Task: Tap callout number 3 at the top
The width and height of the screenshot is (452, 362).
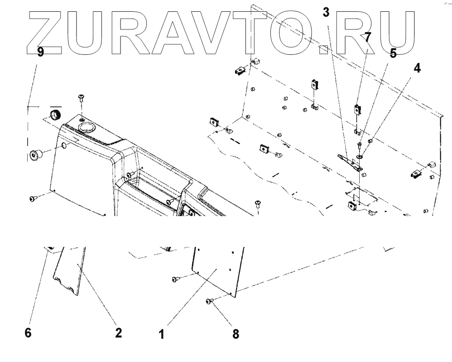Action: [326, 12]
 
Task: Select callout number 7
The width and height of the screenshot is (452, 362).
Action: [368, 37]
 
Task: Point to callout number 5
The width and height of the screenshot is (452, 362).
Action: [393, 53]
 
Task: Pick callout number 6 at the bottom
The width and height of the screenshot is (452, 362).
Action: [28, 333]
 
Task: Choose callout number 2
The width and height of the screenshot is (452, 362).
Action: [118, 333]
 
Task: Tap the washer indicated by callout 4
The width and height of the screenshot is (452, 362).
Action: [359, 156]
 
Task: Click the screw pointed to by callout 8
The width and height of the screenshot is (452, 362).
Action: [209, 300]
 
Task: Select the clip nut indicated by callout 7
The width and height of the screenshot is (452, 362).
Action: [358, 109]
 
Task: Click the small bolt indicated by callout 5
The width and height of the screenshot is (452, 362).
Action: [359, 145]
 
